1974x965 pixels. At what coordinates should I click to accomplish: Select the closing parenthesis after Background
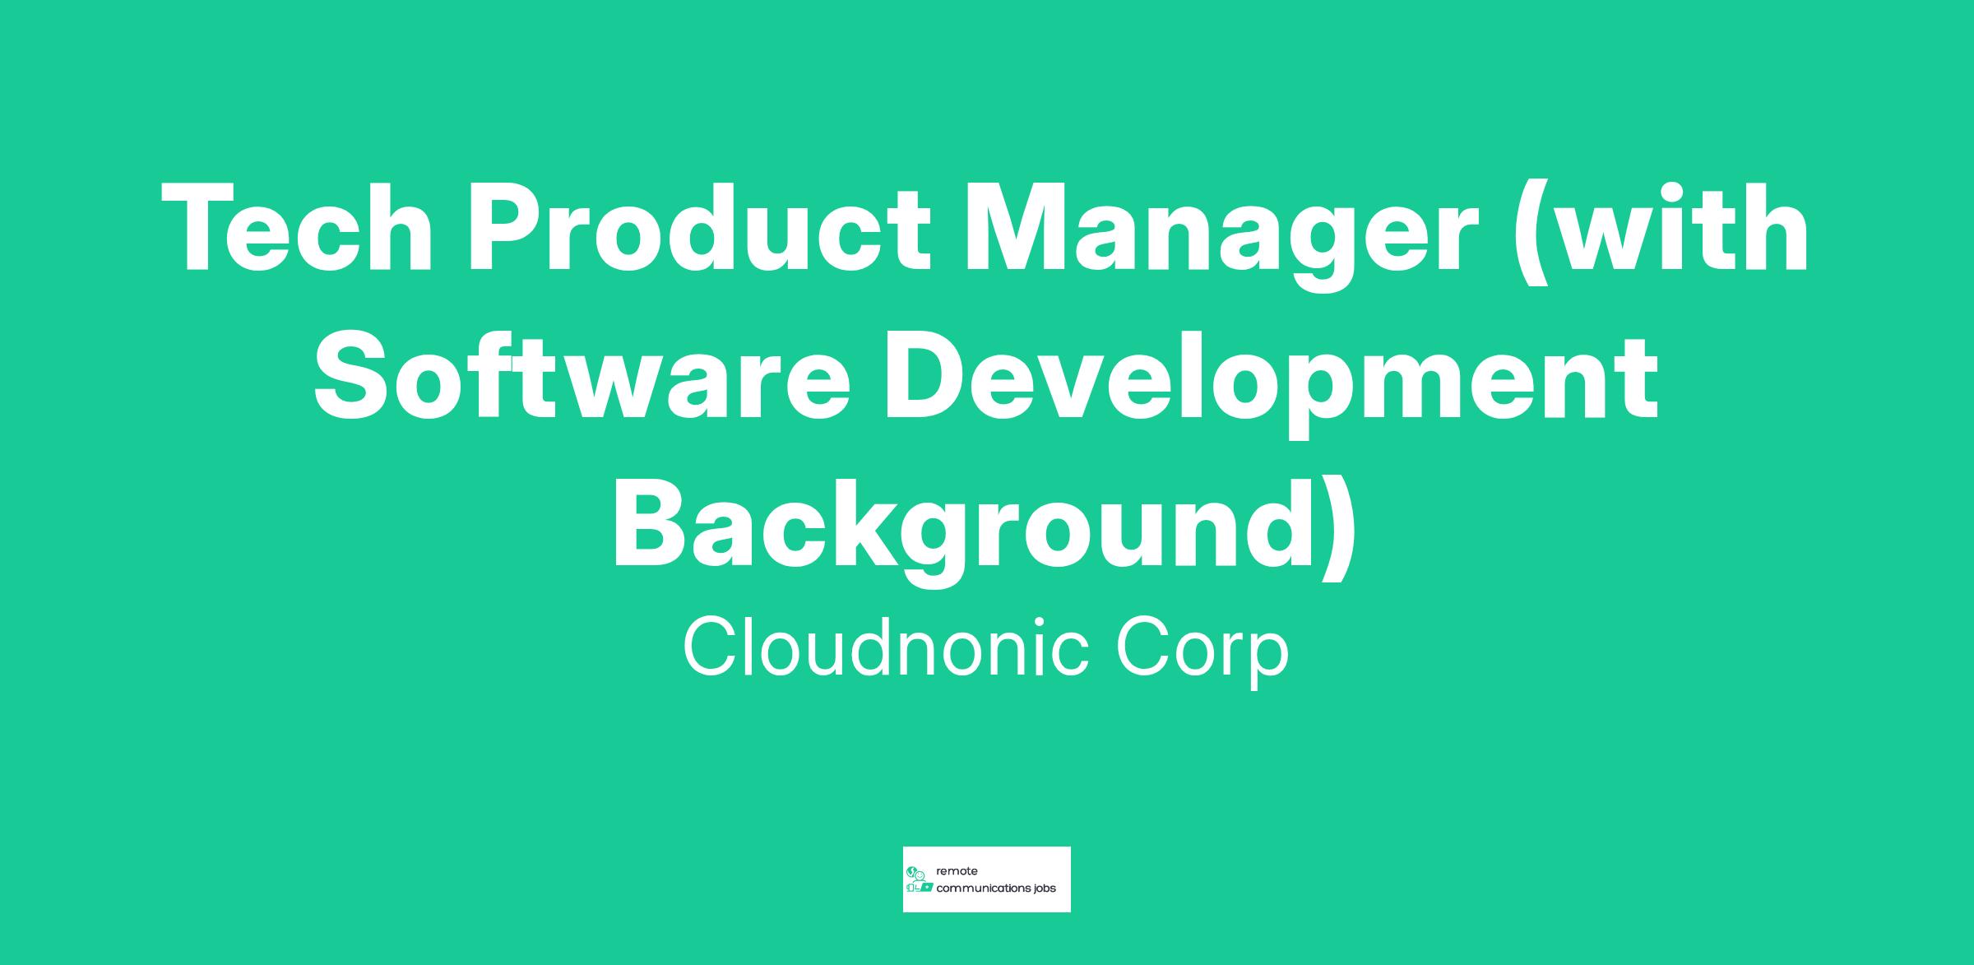[1338, 531]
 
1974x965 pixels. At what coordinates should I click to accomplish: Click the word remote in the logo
[957, 871]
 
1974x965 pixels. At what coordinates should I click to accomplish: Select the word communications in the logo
[984, 888]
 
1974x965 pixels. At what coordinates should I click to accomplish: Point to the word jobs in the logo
[1045, 889]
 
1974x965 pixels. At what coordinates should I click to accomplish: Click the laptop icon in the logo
[926, 888]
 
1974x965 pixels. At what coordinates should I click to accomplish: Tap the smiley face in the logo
[920, 877]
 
